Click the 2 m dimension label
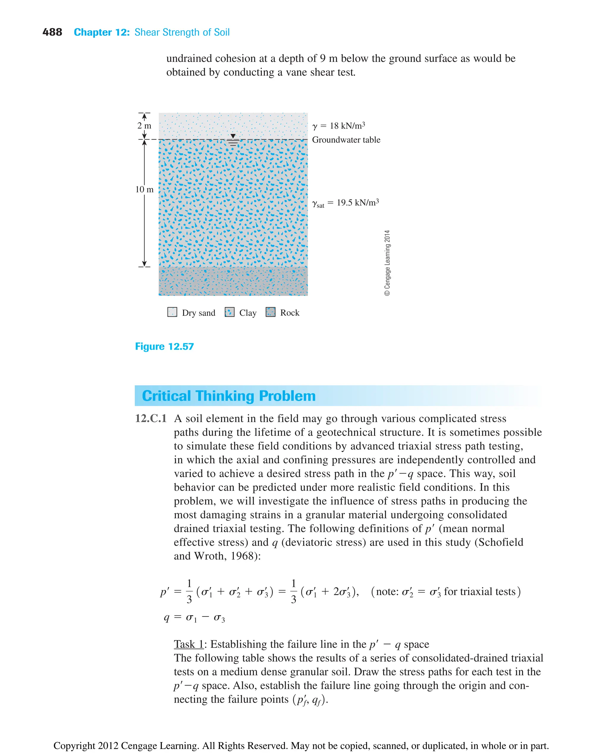pyautogui.click(x=144, y=126)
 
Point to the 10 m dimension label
pyautogui.click(x=144, y=189)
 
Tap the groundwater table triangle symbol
pyautogui.click(x=233, y=136)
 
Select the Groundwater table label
pyautogui.click(x=346, y=140)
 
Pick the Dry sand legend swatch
pyautogui.click(x=172, y=312)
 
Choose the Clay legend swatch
pyautogui.click(x=230, y=312)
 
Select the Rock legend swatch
pyautogui.click(x=271, y=312)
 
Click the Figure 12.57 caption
pyautogui.click(x=164, y=346)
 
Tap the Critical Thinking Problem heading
pyautogui.click(x=229, y=396)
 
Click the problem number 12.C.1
pyautogui.click(x=150, y=418)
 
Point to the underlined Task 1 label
pyautogui.click(x=189, y=644)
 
